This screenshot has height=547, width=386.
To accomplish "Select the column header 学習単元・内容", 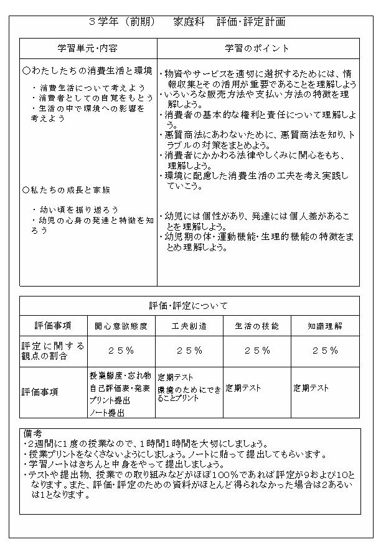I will point(87,48).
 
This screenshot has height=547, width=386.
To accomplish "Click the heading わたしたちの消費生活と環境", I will point(87,71).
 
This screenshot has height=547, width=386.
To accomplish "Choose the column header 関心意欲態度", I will point(121,326).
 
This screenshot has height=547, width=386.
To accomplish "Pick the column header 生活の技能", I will point(257,326).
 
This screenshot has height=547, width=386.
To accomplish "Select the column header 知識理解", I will point(325,326).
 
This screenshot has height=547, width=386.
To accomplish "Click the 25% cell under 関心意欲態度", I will point(121,351).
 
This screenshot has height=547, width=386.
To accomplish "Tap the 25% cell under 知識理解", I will point(325,351).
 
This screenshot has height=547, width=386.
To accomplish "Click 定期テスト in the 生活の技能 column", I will point(243,388).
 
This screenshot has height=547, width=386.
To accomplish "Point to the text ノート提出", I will point(107,412).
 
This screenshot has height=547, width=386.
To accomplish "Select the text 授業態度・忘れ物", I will point(120,376).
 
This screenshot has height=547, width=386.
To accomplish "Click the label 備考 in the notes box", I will point(32,433).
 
